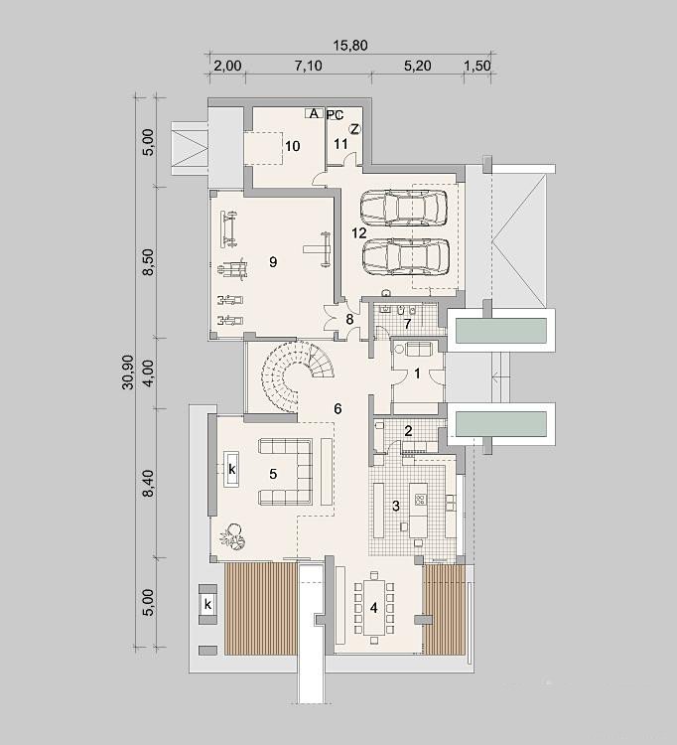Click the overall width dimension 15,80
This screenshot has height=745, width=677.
tap(350, 45)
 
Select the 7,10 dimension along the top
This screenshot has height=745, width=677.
tap(308, 66)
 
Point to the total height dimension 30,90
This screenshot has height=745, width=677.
tap(128, 372)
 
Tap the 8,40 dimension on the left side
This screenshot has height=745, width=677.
tap(148, 483)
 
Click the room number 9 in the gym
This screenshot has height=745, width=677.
tap(273, 262)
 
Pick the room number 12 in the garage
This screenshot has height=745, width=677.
tap(359, 232)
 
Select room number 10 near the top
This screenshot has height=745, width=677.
tap(293, 146)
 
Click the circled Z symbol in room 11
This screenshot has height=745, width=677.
tap(354, 129)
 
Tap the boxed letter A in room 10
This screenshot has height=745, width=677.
tap(314, 113)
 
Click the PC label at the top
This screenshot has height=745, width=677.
tap(336, 115)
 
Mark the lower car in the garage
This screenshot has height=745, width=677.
tap(406, 256)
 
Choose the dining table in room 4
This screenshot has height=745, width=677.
tap(373, 608)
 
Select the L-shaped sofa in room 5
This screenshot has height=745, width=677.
tap(286, 471)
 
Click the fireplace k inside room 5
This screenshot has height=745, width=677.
tap(231, 469)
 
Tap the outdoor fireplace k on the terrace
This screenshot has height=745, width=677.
tap(207, 604)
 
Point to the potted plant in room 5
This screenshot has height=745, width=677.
tap(232, 536)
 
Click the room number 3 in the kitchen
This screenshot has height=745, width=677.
tap(396, 506)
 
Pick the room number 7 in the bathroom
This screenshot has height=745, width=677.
tap(407, 324)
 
